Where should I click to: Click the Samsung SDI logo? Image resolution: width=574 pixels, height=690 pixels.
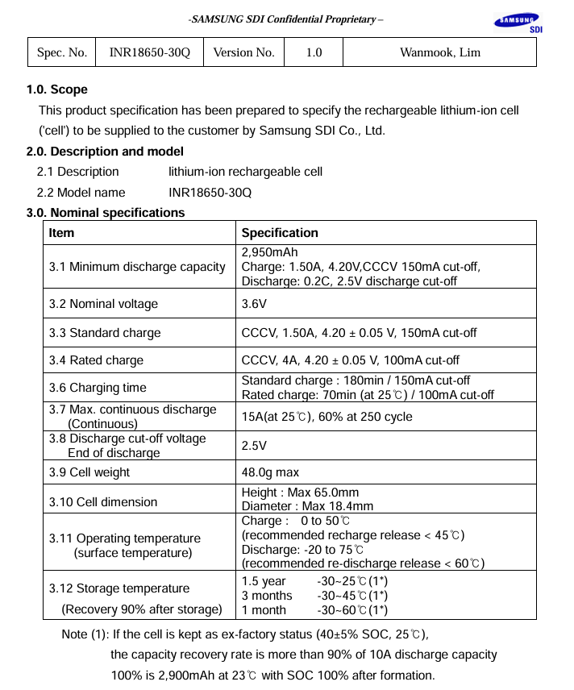click(517, 23)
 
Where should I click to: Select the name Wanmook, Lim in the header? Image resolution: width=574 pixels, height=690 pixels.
click(439, 52)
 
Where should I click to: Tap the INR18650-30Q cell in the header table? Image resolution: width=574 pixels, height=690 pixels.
click(149, 52)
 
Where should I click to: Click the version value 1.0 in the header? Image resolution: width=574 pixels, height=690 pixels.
click(314, 52)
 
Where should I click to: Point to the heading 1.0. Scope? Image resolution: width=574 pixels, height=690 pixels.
click(57, 89)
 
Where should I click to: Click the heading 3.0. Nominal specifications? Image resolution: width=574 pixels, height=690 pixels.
click(106, 213)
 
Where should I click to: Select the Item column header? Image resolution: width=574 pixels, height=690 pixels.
click(61, 233)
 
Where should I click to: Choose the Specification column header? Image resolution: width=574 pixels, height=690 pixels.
click(280, 233)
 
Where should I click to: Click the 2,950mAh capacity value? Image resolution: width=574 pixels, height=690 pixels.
click(269, 253)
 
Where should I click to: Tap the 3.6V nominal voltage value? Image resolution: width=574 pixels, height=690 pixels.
click(254, 304)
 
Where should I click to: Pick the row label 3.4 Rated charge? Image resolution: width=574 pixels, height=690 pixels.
click(96, 360)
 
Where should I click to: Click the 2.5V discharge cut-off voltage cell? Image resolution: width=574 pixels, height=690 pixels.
click(254, 446)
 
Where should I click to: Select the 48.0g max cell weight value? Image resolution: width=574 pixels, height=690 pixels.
click(270, 472)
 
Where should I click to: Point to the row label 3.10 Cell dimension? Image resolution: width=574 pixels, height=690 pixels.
click(103, 502)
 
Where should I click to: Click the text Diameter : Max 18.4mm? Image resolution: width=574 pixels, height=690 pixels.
click(307, 507)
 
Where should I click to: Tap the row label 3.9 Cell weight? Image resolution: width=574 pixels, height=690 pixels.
click(89, 472)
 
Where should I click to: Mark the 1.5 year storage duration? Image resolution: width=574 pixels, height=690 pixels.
click(264, 581)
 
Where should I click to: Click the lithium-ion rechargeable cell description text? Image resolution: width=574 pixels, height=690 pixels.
click(245, 172)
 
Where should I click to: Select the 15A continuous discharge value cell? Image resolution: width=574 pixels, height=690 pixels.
click(327, 417)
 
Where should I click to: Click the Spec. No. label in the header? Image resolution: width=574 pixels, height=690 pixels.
click(62, 52)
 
